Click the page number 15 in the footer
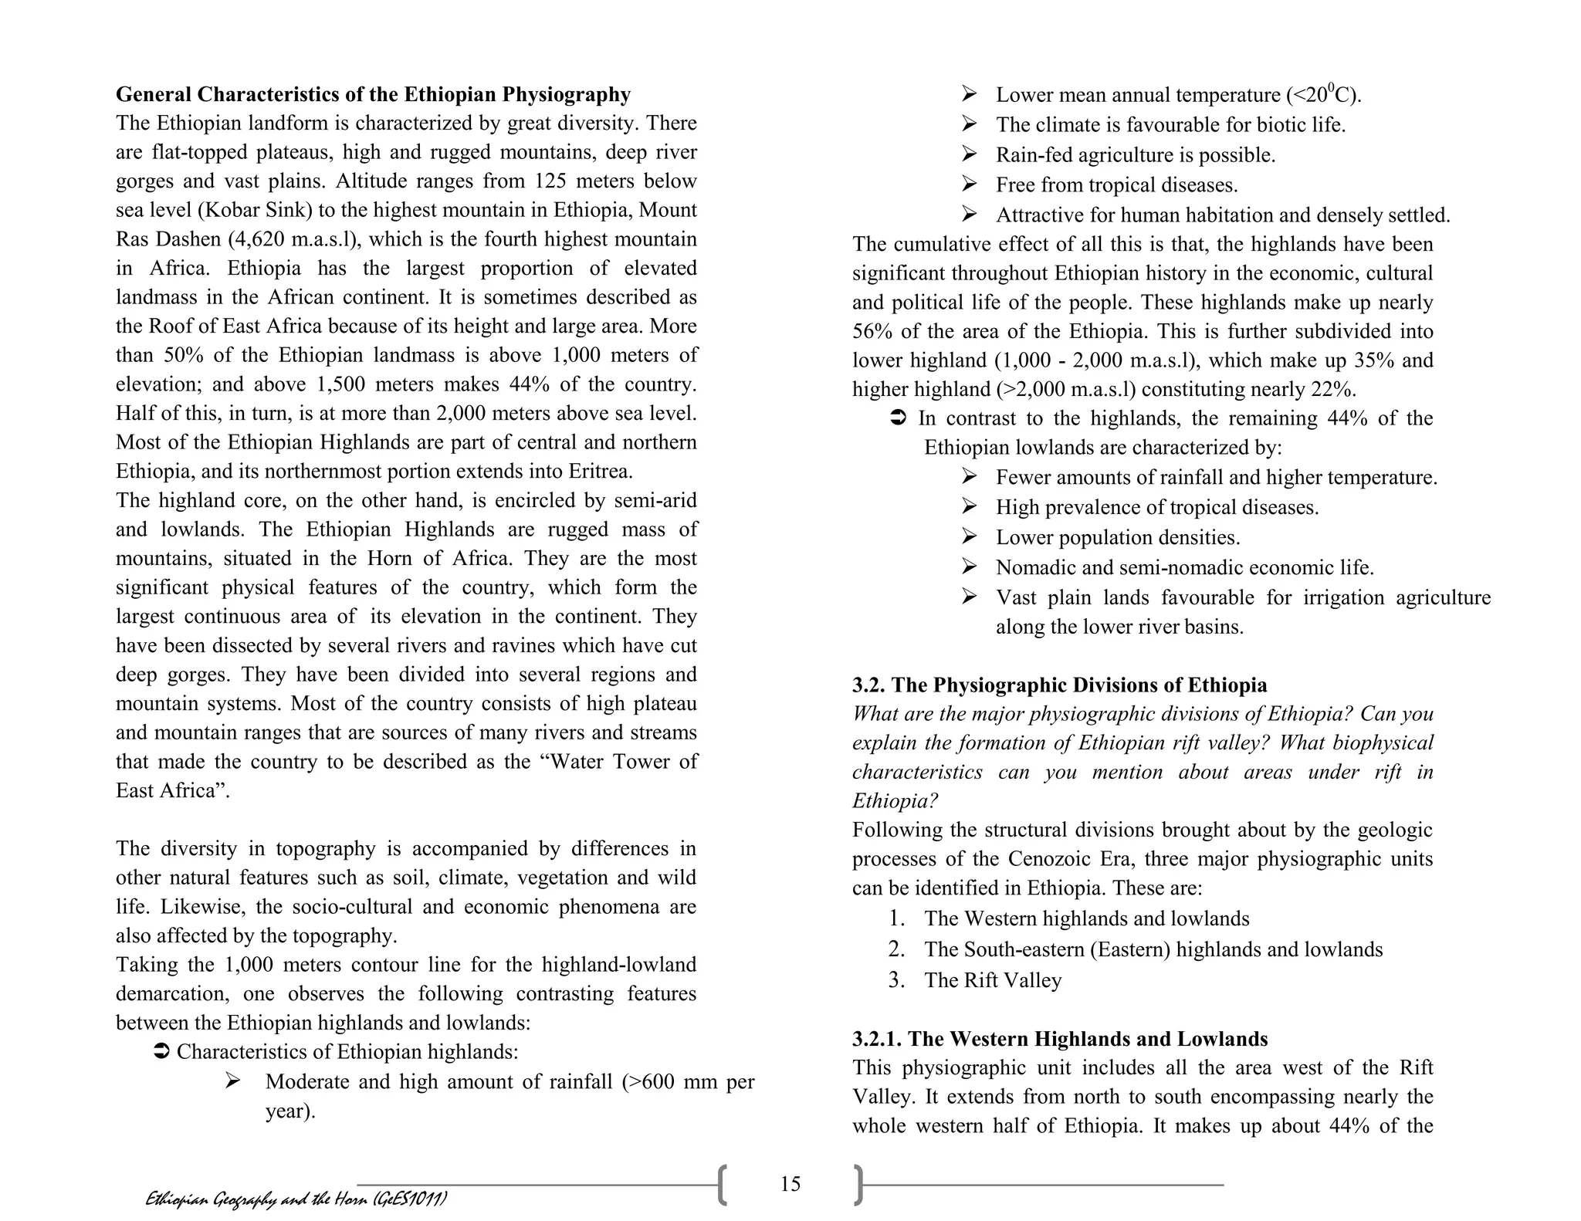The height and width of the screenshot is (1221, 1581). pyautogui.click(x=790, y=1184)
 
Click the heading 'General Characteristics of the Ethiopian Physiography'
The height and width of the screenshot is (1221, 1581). pyautogui.click(x=373, y=94)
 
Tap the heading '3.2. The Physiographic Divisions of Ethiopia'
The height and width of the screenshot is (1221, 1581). pyautogui.click(x=1059, y=685)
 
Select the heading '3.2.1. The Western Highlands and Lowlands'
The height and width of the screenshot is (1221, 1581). pyautogui.click(x=1059, y=1039)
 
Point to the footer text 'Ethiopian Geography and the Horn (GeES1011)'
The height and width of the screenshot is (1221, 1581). pyautogui.click(x=296, y=1199)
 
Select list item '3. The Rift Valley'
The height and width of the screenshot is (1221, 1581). pyautogui.click(x=992, y=980)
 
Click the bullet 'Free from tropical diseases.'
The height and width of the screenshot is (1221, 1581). pyautogui.click(x=1116, y=185)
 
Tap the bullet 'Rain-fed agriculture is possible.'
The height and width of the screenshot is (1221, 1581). pyautogui.click(x=1135, y=155)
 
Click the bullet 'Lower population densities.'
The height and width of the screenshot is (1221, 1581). pyautogui.click(x=1118, y=537)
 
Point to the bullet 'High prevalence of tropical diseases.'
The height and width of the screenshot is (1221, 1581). pyautogui.click(x=1156, y=507)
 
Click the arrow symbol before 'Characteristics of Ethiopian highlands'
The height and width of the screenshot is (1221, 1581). pyautogui.click(x=162, y=1052)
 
